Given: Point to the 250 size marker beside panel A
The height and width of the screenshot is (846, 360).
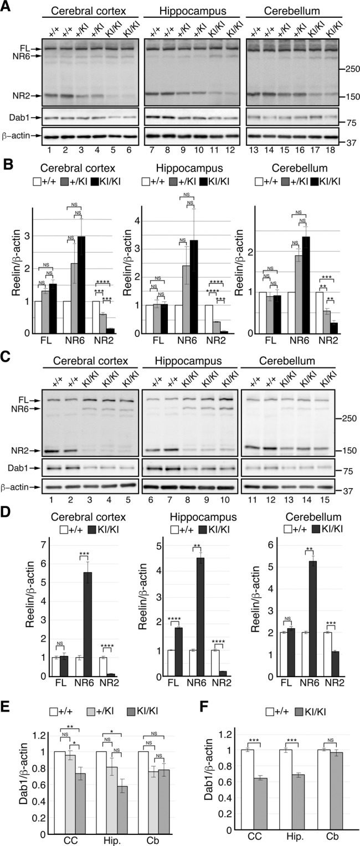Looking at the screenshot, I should click(x=348, y=69).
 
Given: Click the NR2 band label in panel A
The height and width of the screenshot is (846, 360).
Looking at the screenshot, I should click(x=19, y=96).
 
